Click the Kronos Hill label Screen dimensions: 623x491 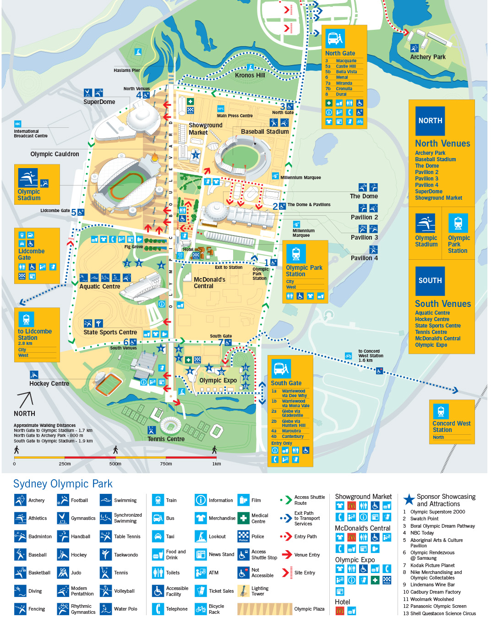tap(250, 75)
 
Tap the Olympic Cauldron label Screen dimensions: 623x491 tap(55, 154)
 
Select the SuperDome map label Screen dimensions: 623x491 tap(99, 102)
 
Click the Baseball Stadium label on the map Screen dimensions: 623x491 tap(265, 132)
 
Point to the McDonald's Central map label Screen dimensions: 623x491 tap(209, 283)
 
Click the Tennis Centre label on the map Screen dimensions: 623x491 tap(166, 439)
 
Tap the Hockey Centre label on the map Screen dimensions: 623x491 tap(49, 384)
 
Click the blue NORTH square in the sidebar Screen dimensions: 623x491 tap(430, 121)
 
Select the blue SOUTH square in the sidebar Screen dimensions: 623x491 tap(430, 281)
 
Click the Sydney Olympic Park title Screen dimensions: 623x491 tap(63, 484)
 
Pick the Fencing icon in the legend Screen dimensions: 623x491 tap(20, 609)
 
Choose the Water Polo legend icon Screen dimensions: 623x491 tap(106, 609)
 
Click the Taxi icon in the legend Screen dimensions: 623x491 tap(158, 536)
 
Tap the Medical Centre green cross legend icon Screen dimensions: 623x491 tap(244, 518)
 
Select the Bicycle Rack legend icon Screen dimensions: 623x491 tap(201, 609)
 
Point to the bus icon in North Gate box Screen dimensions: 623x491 tap(335, 39)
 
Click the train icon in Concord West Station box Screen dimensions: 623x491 tap(441, 411)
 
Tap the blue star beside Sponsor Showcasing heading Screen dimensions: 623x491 tap(409, 500)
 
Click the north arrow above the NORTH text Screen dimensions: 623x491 tap(25, 400)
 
